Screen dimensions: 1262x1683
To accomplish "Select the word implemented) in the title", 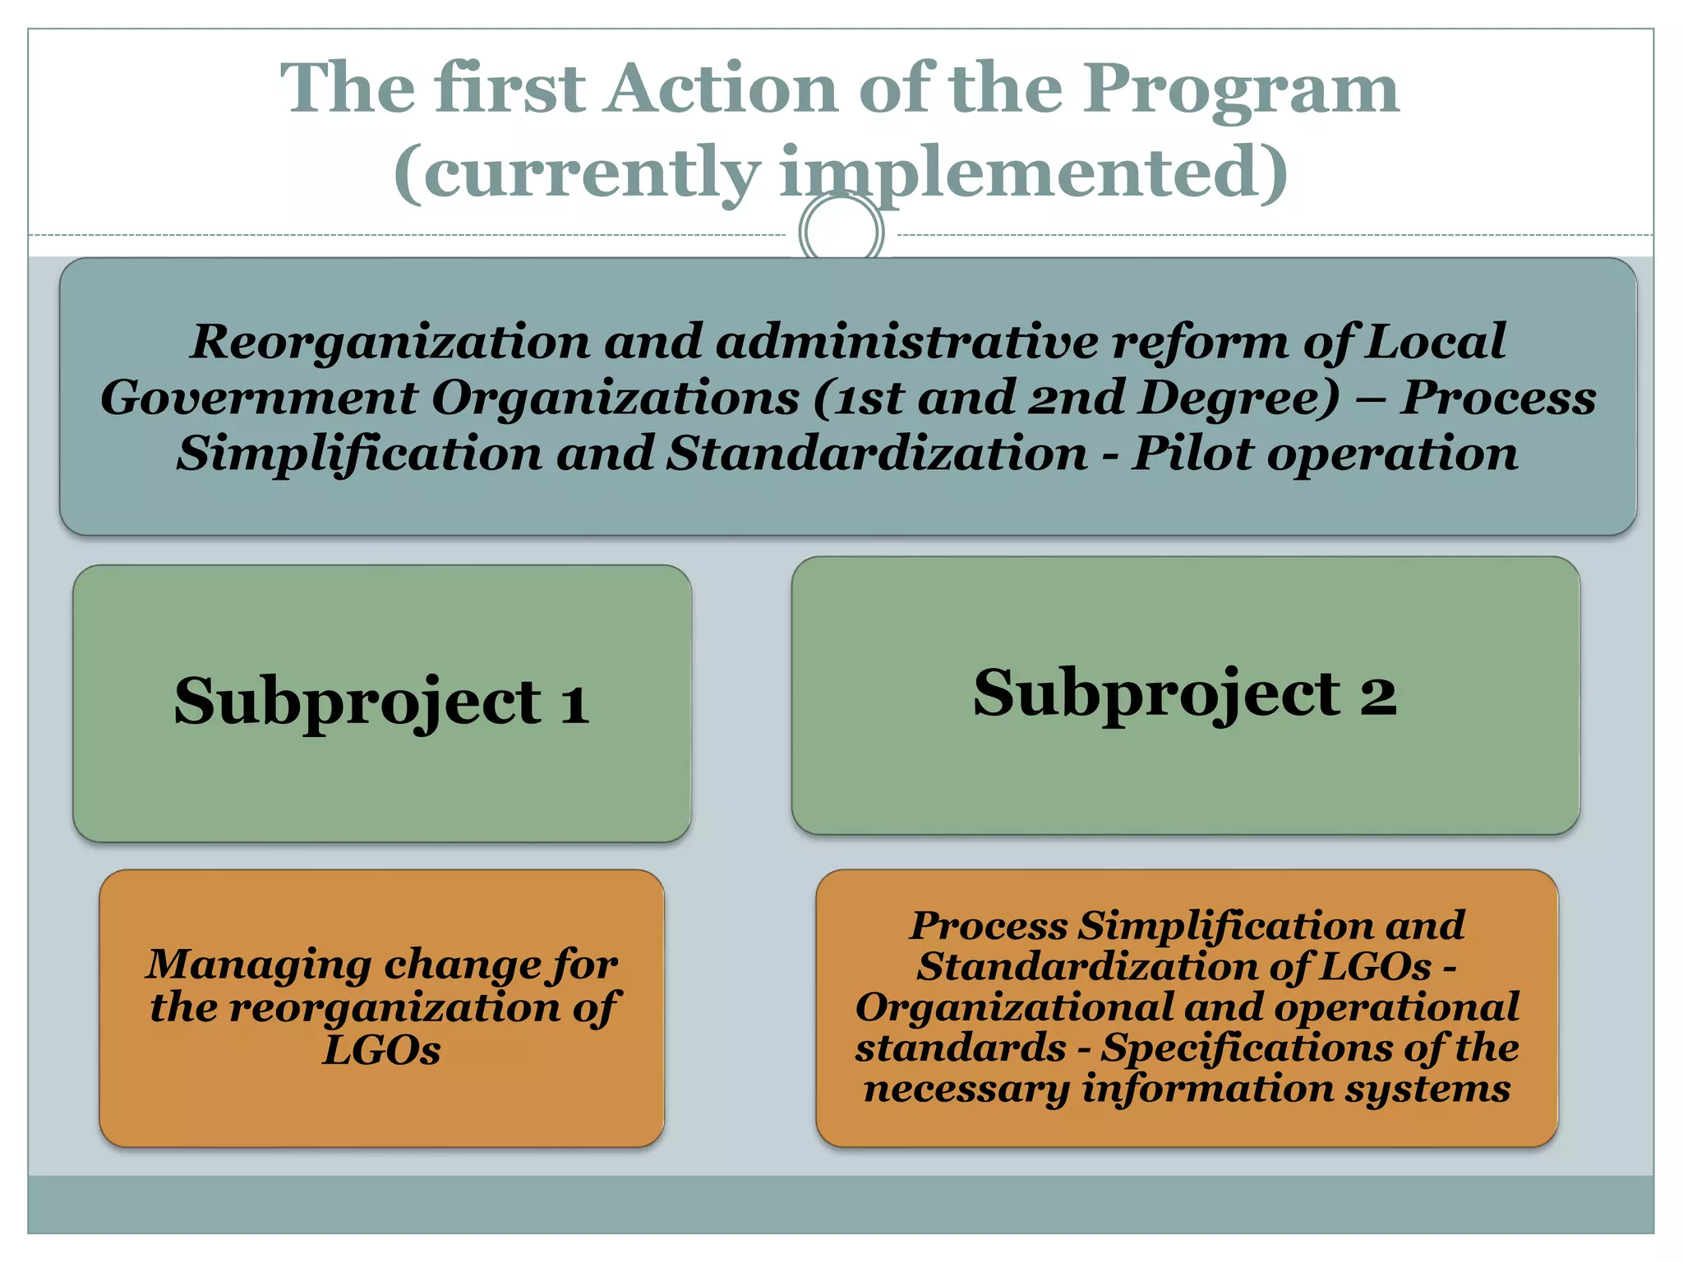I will pyautogui.click(x=1032, y=174).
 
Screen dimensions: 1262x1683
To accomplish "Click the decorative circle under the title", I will pyautogui.click(x=841, y=233).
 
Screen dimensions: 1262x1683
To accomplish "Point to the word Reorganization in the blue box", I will pyautogui.click(x=390, y=343).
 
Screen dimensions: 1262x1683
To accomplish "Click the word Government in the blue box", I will pyautogui.click(x=259, y=398).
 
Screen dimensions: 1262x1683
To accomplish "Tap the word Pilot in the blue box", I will pyautogui.click(x=1192, y=454).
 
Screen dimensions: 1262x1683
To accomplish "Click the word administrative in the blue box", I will pyautogui.click(x=906, y=342).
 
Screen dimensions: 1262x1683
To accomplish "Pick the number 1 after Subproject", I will pyautogui.click(x=574, y=704).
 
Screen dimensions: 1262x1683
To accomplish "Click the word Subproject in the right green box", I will pyautogui.click(x=1156, y=695).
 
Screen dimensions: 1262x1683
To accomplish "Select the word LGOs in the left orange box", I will pyautogui.click(x=381, y=1050).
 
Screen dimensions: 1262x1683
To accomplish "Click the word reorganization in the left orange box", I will pyautogui.click(x=394, y=1008).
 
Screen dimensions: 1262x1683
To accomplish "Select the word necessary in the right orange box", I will pyautogui.click(x=966, y=1089).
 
